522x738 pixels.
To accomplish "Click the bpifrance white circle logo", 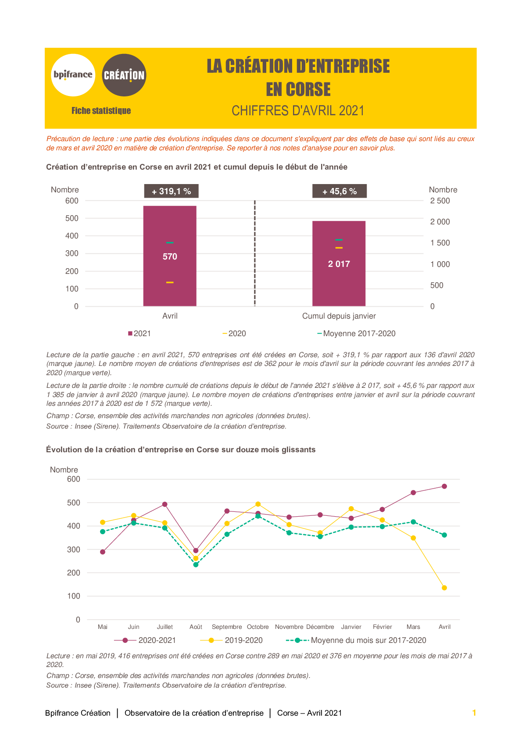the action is coord(73,75).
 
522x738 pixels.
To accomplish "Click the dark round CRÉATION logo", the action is coord(124,75).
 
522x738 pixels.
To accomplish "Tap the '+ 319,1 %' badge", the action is coord(171,191).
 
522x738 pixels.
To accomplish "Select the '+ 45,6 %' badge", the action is coord(340,191).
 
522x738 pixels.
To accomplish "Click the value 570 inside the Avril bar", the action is coord(170,256).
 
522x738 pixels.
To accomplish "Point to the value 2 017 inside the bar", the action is coord(339,264).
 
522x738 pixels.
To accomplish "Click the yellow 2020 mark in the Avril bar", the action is coord(170,282).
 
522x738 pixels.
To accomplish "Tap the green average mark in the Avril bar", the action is coord(170,243).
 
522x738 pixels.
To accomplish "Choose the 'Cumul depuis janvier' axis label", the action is coord(339,316).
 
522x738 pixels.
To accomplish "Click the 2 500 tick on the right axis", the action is coord(440,201).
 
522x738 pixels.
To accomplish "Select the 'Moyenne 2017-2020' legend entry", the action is coord(356,334).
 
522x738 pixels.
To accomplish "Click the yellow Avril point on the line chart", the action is coord(444,588).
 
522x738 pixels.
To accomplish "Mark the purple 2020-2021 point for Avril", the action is coord(444,486).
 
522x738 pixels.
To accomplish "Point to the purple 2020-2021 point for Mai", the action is coord(103,552).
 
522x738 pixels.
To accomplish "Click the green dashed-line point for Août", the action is coord(196,565).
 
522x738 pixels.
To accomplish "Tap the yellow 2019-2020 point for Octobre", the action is coord(258,504).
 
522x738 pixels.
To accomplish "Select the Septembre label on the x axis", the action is coord(227,627).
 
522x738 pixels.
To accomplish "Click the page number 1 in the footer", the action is coord(474,713).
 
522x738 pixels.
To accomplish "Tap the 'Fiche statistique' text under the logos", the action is coord(101,111).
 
